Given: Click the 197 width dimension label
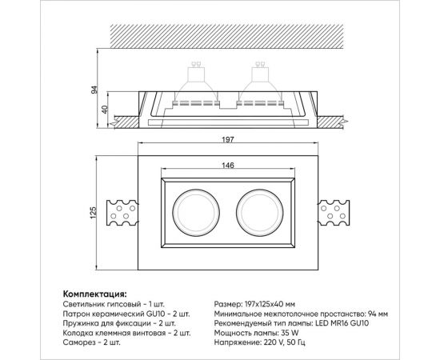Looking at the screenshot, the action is click(x=228, y=139).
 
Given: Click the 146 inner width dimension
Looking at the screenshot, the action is click(x=228, y=166).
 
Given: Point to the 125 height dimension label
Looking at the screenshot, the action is click(x=93, y=213).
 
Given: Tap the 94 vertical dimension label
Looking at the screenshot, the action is click(x=95, y=90).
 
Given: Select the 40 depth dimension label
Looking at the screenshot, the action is click(x=104, y=110).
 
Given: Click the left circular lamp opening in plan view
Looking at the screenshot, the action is click(x=173, y=213).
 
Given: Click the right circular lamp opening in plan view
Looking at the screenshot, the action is click(x=237, y=213).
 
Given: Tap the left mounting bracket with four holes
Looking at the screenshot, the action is click(x=122, y=213).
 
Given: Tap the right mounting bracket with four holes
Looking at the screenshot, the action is click(x=334, y=213).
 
